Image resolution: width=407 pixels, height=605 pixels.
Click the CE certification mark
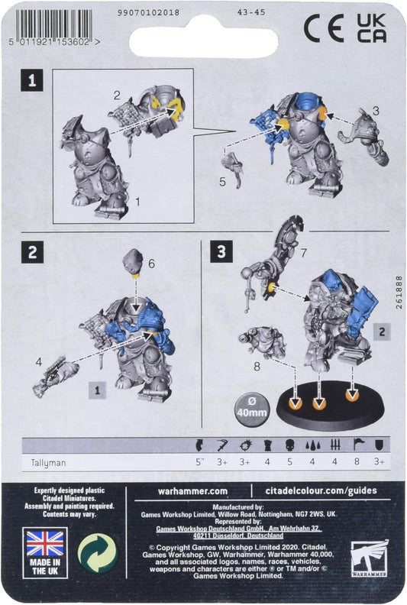click(x=323, y=28)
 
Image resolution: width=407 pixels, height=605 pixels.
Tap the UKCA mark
click(x=370, y=28)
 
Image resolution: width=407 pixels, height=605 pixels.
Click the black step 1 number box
click(x=31, y=79)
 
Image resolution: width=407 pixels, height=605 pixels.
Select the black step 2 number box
click(x=31, y=252)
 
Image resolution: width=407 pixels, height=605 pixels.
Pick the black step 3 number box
click(x=221, y=252)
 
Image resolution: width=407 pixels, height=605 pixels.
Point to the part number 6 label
click(x=152, y=263)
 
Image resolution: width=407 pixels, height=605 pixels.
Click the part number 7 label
click(x=304, y=251)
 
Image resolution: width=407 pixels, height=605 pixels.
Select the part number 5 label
click(x=222, y=182)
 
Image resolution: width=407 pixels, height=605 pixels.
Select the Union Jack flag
click(x=45, y=544)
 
